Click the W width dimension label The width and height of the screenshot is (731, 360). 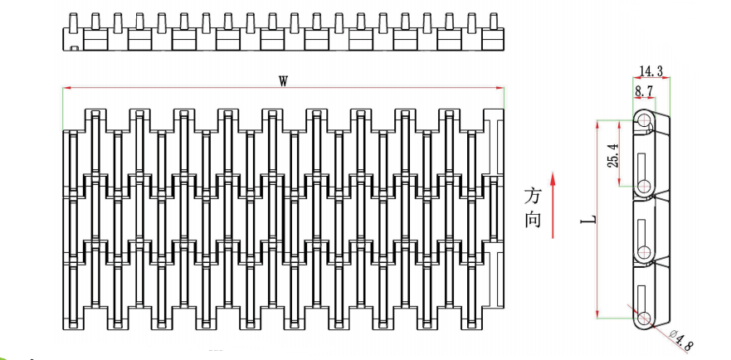[x=283, y=80]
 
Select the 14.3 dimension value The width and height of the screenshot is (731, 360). [x=651, y=71]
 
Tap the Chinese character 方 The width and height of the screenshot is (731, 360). [x=534, y=197]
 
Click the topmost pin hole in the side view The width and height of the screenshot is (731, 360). [x=645, y=121]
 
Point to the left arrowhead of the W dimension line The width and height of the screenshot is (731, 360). [x=66, y=87]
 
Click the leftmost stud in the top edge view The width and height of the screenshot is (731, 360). [x=73, y=20]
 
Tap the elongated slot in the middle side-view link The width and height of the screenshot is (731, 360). [x=645, y=227]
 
